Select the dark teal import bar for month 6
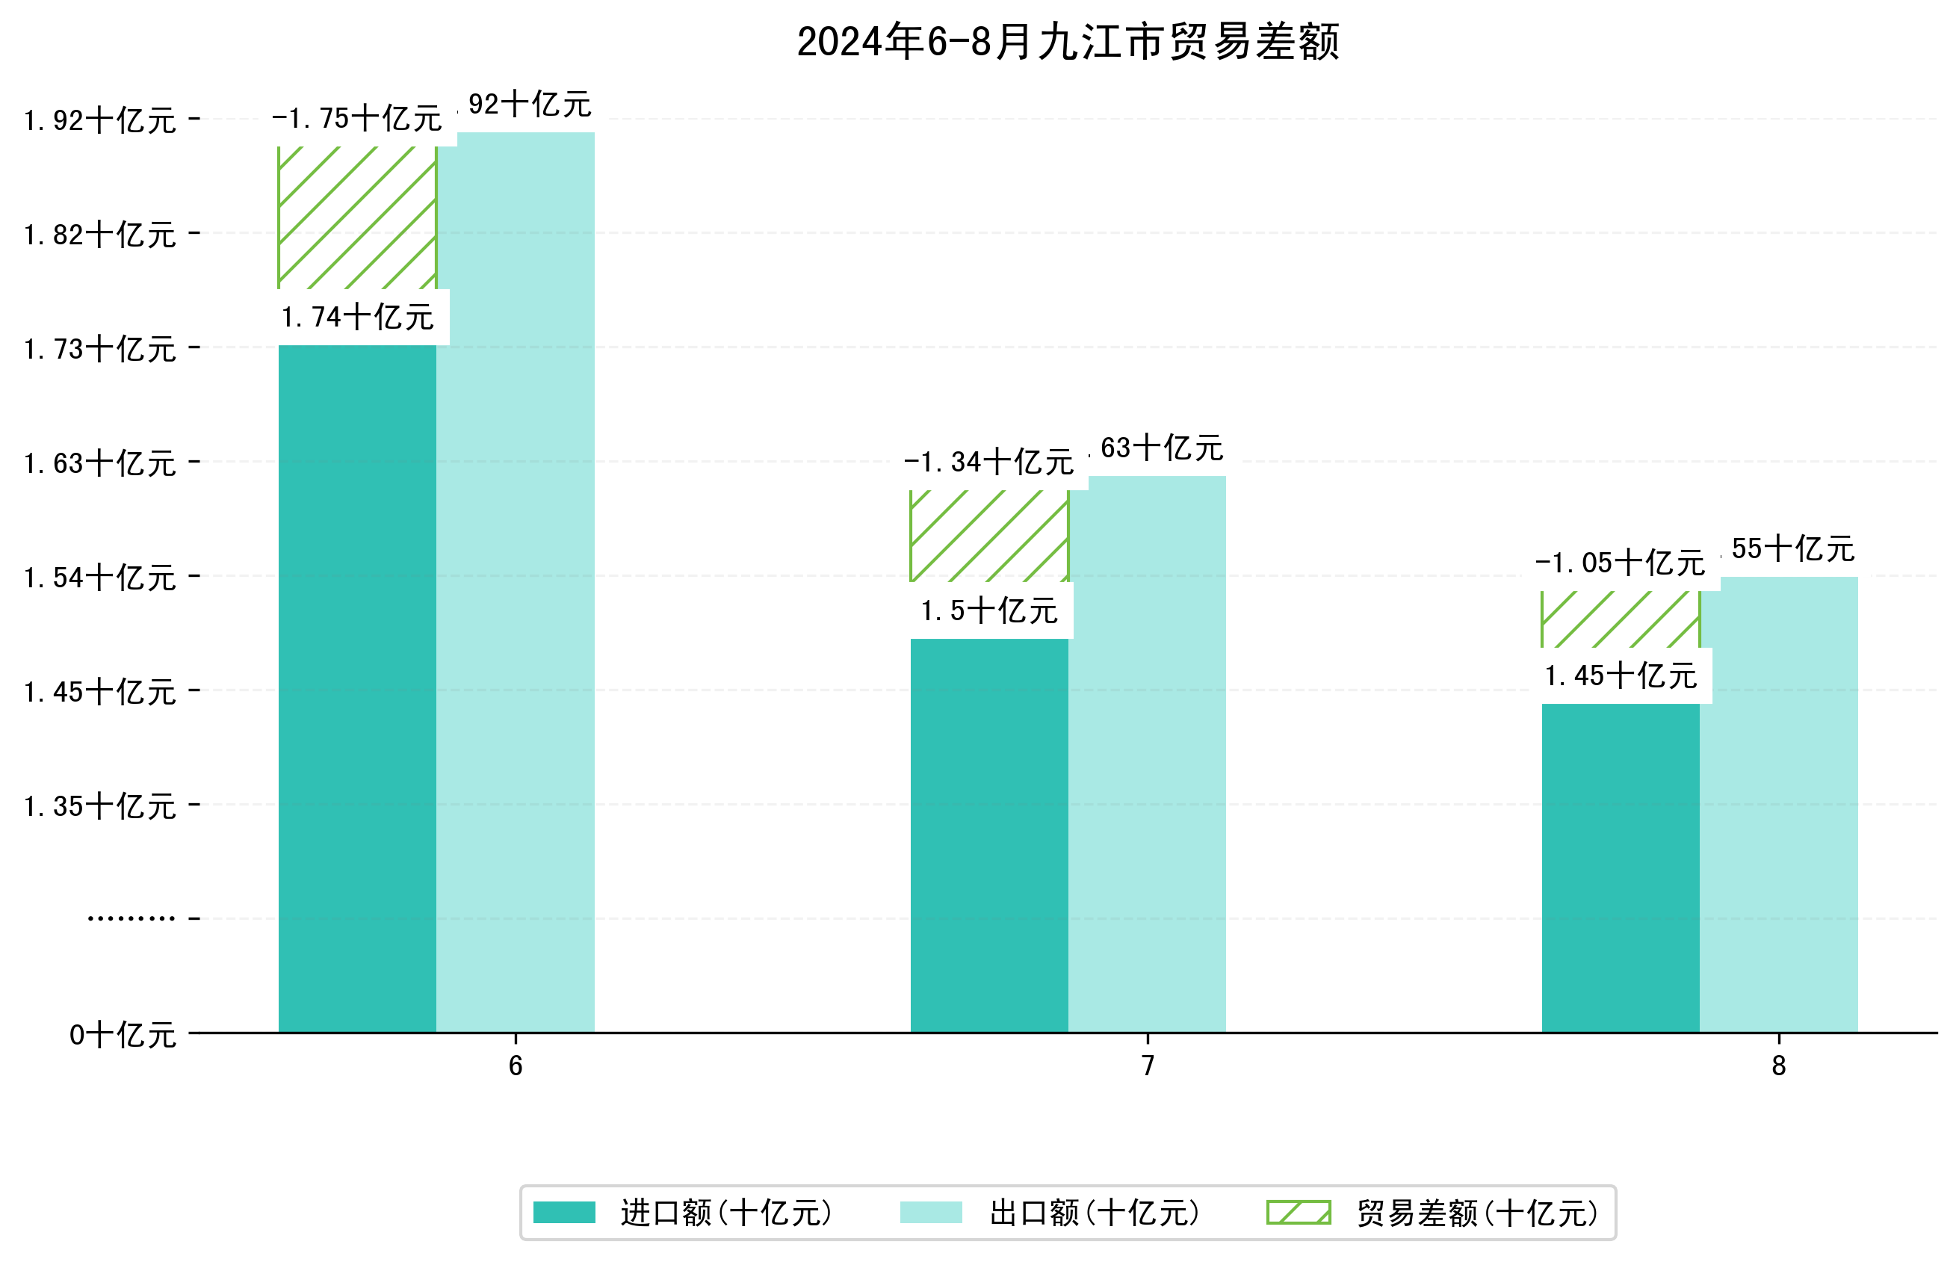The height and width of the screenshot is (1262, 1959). (x=356, y=688)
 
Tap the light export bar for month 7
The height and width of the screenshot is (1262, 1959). (x=1147, y=754)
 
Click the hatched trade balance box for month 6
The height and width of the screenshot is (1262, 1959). (x=356, y=217)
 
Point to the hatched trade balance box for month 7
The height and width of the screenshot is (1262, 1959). (x=989, y=536)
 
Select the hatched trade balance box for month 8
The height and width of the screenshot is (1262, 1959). (x=1620, y=619)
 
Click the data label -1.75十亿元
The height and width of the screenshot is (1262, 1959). (x=356, y=119)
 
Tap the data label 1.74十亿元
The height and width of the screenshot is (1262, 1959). (x=356, y=317)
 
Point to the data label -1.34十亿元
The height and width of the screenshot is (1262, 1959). (x=988, y=463)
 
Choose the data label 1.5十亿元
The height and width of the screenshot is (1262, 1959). (x=988, y=610)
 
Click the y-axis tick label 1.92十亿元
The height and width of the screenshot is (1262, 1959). (x=100, y=120)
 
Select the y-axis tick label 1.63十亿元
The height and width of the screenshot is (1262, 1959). (x=100, y=463)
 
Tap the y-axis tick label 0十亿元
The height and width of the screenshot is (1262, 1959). (x=123, y=1035)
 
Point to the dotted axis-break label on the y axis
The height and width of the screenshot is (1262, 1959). (x=131, y=918)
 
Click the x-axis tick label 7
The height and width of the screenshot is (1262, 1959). (x=1147, y=1065)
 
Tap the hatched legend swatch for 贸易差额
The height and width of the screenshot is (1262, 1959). (x=1298, y=1212)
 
